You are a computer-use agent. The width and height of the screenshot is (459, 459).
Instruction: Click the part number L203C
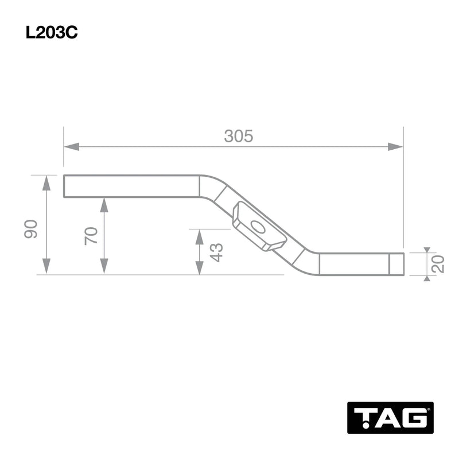click(52, 33)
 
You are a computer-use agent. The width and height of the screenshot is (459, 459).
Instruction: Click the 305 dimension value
click(238, 137)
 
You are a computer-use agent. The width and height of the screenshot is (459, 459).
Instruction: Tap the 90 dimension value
click(31, 228)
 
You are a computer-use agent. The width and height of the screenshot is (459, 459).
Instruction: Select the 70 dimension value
click(91, 236)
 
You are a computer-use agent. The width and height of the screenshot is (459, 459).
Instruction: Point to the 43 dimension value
click(216, 252)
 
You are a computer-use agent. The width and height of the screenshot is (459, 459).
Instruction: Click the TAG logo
click(391, 417)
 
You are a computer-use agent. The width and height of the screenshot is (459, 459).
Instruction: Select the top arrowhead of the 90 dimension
click(46, 183)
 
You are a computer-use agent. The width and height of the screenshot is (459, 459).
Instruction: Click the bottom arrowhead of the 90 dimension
click(46, 267)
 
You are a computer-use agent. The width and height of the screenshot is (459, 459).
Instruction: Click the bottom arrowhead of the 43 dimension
click(200, 267)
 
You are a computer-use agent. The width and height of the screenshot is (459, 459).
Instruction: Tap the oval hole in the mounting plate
click(258, 227)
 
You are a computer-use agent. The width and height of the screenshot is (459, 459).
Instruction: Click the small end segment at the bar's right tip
click(396, 264)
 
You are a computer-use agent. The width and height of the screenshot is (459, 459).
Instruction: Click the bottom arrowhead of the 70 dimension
click(104, 267)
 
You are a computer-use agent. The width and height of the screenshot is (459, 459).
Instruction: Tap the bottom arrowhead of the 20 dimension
click(426, 278)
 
